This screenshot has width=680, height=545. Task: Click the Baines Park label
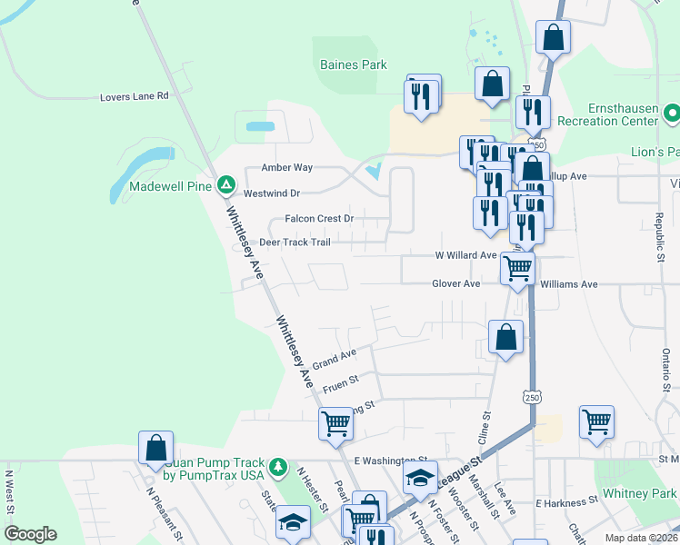coord(353,64)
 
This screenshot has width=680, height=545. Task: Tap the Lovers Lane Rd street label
coord(135,95)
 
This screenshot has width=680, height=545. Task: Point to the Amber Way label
coord(287,168)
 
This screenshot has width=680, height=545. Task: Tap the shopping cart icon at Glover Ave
coord(517,269)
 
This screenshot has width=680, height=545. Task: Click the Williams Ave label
coord(568,284)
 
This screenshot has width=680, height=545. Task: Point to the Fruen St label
coord(340,381)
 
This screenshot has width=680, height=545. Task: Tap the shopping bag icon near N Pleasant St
coord(155,448)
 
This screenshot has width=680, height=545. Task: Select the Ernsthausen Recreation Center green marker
coord(672,114)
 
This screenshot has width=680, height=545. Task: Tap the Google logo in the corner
coord(30,533)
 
